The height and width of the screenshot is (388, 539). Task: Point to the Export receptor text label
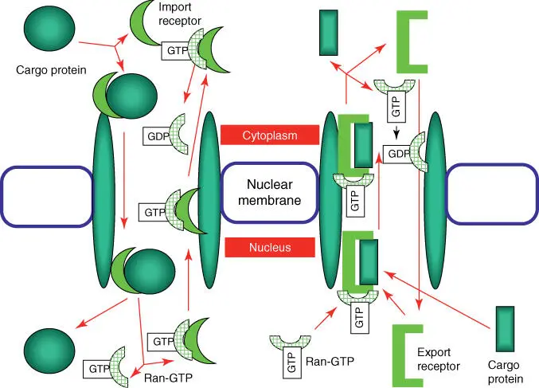439,359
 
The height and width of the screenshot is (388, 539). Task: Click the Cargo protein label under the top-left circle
50,69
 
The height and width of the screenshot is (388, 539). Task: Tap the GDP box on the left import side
157,135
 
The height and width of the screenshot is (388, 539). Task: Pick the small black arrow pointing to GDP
396,132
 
